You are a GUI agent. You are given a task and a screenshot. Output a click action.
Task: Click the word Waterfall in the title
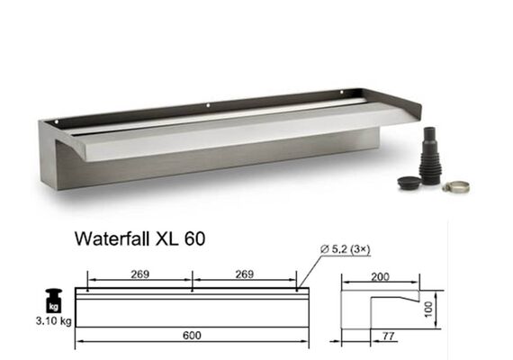(112, 238)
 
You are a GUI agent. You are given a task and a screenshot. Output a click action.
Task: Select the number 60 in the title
(194, 238)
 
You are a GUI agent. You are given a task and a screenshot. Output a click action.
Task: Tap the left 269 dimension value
(140, 274)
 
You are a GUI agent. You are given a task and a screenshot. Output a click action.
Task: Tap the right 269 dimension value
(245, 274)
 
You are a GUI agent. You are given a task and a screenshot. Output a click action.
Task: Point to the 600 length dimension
(192, 336)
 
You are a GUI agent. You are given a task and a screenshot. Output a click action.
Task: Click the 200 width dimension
(380, 277)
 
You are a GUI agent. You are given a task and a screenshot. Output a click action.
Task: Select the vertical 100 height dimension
(428, 310)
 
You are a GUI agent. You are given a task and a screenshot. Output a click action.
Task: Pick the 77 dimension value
(388, 336)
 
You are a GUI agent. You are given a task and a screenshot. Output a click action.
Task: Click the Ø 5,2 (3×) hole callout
(346, 249)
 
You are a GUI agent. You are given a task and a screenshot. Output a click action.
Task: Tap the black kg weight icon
(54, 301)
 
